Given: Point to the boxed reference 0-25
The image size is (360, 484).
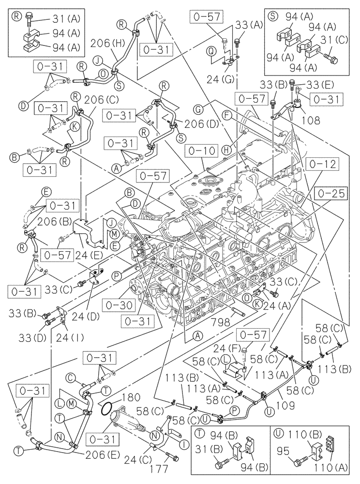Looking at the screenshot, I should [331, 194].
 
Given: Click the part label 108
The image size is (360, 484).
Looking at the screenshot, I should [308, 117].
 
